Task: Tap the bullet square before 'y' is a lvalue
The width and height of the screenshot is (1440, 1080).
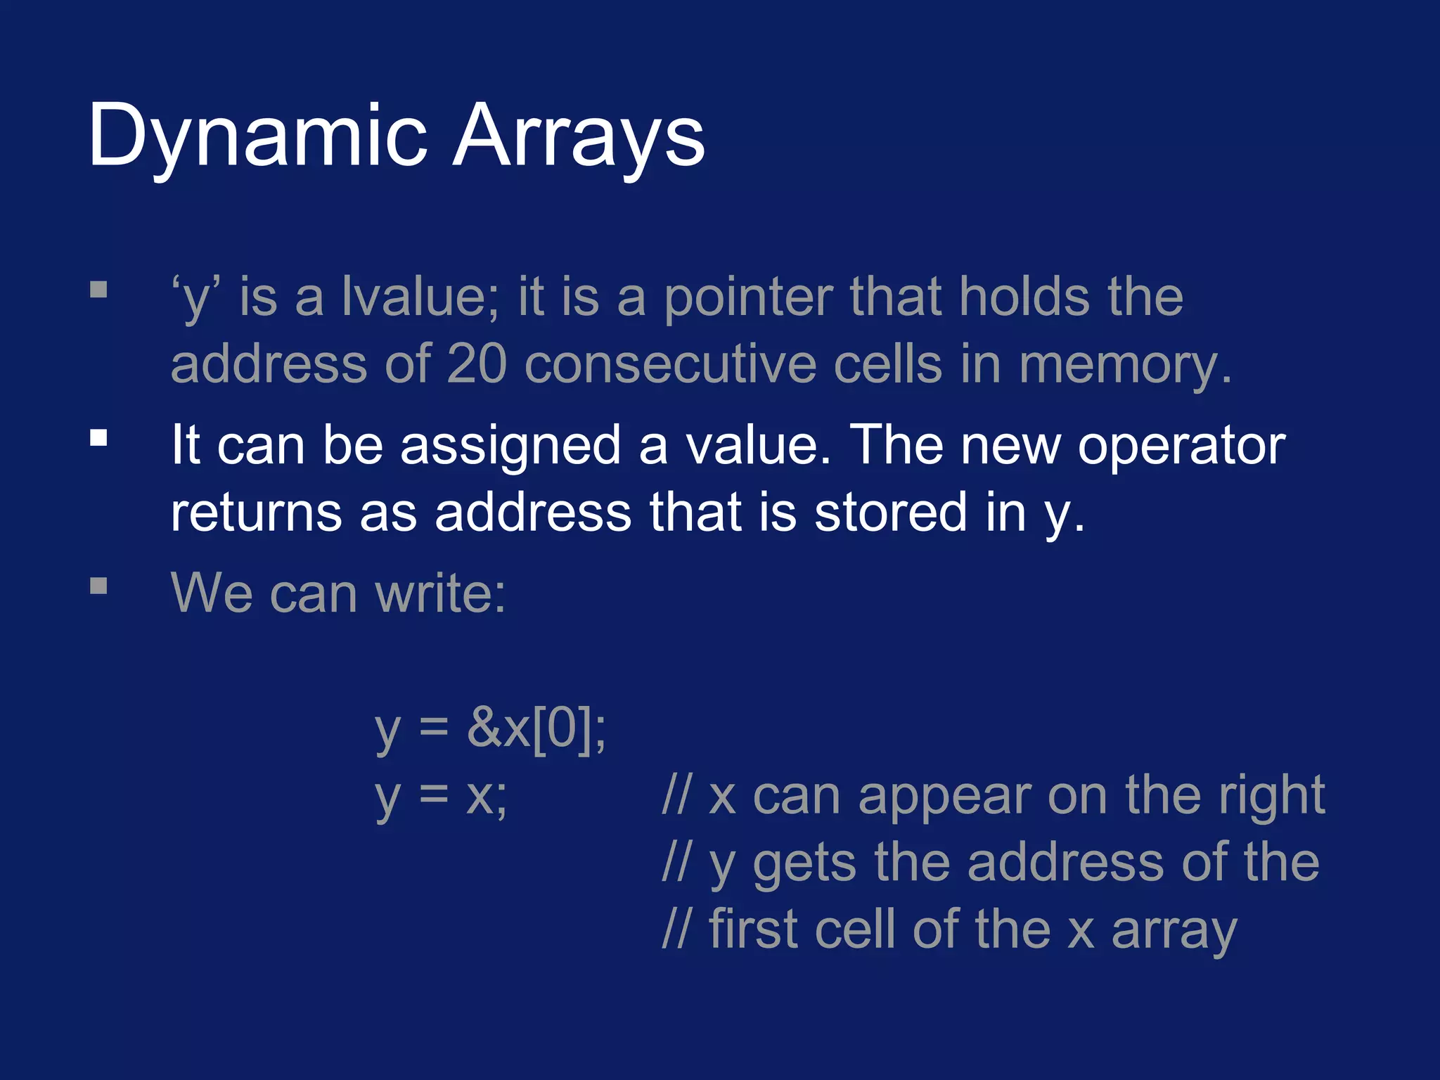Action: tap(98, 290)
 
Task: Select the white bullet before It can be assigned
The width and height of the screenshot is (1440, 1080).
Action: tap(98, 438)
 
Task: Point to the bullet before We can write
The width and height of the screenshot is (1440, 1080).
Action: tap(98, 586)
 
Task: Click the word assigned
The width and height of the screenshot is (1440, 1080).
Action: tap(510, 446)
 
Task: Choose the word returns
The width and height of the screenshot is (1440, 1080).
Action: tap(257, 513)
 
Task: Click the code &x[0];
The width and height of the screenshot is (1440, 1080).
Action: tap(536, 728)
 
